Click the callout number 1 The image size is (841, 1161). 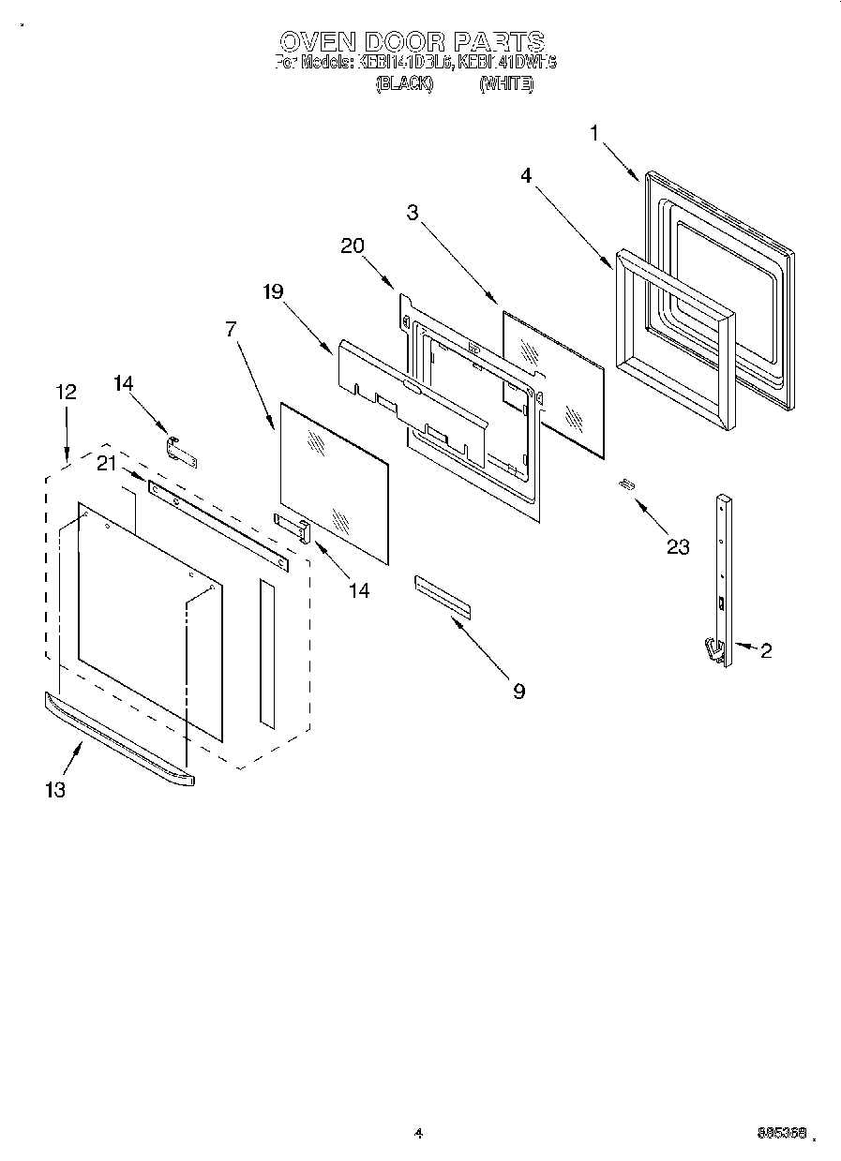pyautogui.click(x=593, y=133)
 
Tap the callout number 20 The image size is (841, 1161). pyautogui.click(x=352, y=246)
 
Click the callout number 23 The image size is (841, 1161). pyautogui.click(x=677, y=546)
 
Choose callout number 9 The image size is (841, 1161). pyautogui.click(x=518, y=692)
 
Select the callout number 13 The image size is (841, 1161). pyautogui.click(x=55, y=790)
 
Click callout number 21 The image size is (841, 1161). pyautogui.click(x=107, y=463)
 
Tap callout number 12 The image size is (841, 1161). pyautogui.click(x=66, y=392)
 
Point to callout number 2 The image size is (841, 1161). pyautogui.click(x=766, y=650)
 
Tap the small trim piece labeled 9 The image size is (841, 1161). pyautogui.click(x=441, y=598)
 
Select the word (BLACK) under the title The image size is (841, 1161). pyautogui.click(x=403, y=84)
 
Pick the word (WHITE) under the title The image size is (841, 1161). pyautogui.click(x=506, y=84)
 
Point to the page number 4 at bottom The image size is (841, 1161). pyautogui.click(x=418, y=1134)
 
